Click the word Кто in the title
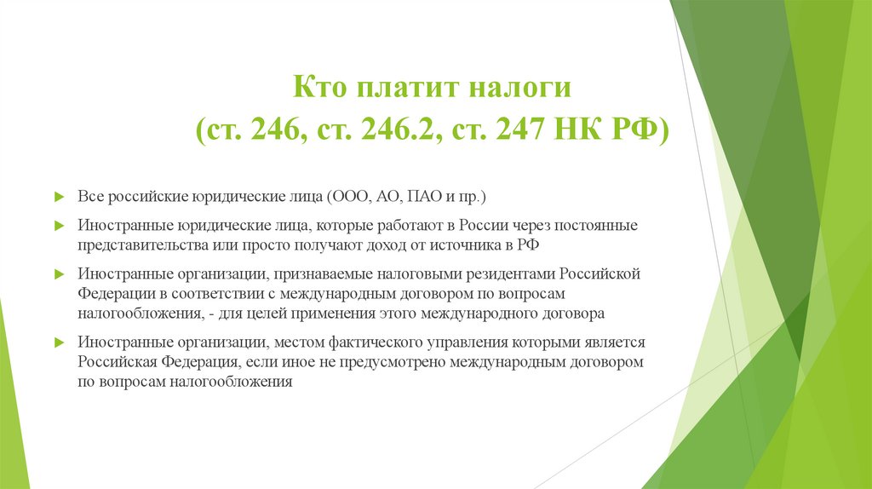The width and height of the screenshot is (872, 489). [x=320, y=88]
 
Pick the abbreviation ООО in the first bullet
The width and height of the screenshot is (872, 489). [x=351, y=197]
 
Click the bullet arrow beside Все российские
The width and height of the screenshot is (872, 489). [x=59, y=197]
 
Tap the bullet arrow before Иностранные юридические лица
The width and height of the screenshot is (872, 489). [x=59, y=226]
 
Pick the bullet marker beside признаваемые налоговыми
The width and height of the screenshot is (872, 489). [x=59, y=274]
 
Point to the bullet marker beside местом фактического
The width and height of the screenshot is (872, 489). [x=59, y=342]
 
